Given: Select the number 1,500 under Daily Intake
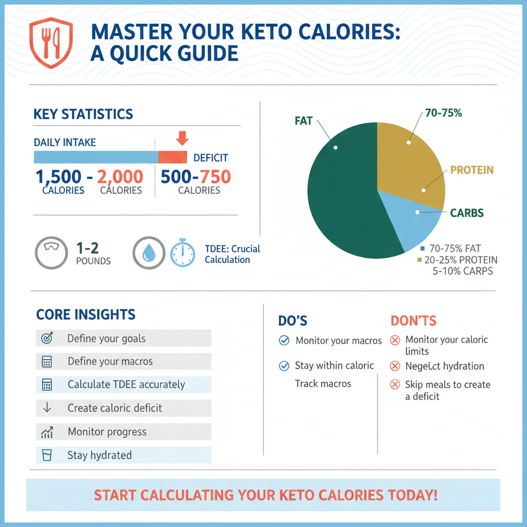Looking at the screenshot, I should point(59,177).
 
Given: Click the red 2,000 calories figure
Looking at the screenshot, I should point(120,177).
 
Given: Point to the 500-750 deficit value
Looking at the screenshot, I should point(196,177).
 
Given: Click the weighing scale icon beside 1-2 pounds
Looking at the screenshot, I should point(51,253).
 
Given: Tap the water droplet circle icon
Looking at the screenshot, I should point(149,253).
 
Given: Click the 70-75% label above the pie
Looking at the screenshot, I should point(443,113).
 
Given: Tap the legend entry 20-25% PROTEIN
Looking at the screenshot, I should point(458,259).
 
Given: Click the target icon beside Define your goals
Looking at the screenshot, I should point(46,338).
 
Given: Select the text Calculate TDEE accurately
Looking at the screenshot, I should point(126,384).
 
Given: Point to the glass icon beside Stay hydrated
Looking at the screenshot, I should point(46,455).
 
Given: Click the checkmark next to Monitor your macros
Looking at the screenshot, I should point(284,340).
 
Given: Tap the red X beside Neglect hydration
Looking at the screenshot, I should point(395,366).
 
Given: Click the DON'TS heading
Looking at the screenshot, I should point(413,321).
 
